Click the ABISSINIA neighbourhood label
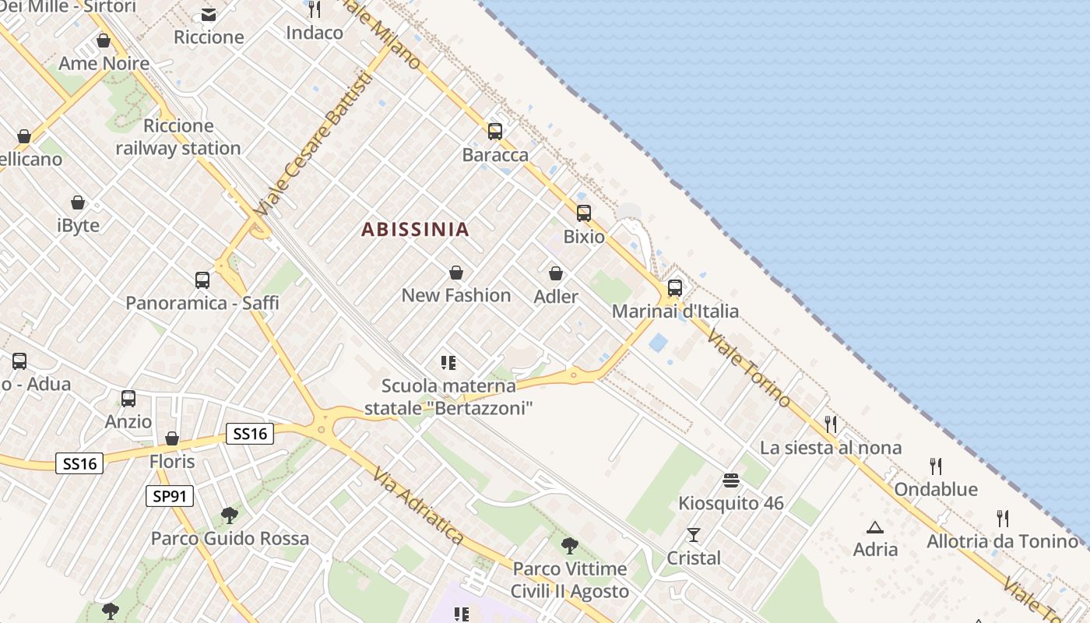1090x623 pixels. pyautogui.click(x=416, y=229)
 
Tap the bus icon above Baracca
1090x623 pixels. pyautogui.click(x=495, y=132)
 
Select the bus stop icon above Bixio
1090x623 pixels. pyautogui.click(x=583, y=213)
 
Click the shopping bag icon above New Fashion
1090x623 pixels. pyautogui.click(x=456, y=273)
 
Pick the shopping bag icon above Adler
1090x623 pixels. pyautogui.click(x=556, y=273)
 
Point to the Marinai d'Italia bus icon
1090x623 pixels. pyautogui.click(x=674, y=288)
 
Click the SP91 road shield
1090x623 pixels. pyautogui.click(x=169, y=495)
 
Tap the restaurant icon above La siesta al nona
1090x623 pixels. pyautogui.click(x=831, y=424)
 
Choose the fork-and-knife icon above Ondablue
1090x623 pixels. pyautogui.click(x=936, y=466)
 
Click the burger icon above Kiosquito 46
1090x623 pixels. pyautogui.click(x=730, y=480)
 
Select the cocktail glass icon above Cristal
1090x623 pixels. pyautogui.click(x=693, y=535)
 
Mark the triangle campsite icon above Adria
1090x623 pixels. pyautogui.click(x=875, y=527)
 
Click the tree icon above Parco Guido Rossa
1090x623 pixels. pyautogui.click(x=229, y=515)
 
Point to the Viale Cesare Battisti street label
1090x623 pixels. pyautogui.click(x=310, y=146)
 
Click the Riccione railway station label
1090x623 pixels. pyautogui.click(x=178, y=137)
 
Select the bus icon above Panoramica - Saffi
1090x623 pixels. pyautogui.click(x=202, y=280)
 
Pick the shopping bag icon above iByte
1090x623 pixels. pyautogui.click(x=78, y=202)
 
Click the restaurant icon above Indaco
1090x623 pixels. pyautogui.click(x=315, y=9)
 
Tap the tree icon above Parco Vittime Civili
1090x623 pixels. pyautogui.click(x=569, y=545)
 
